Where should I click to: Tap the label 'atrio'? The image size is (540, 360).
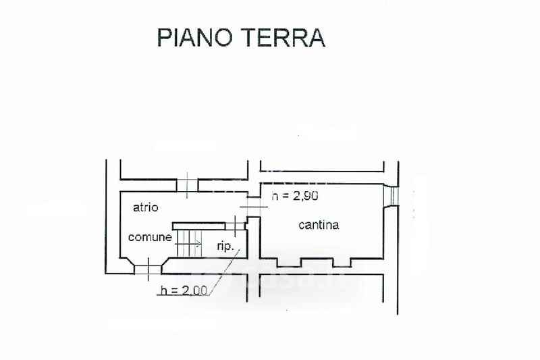tap(145, 208)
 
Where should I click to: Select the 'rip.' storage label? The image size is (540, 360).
tap(225, 247)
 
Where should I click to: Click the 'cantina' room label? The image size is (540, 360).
tap(319, 225)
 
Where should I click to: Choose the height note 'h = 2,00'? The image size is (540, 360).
tap(180, 291)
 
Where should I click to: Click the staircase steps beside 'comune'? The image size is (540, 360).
tap(189, 240)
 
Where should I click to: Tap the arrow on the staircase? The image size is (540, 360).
tap(195, 245)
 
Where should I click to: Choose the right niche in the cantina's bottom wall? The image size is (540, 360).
tap(358, 261)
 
